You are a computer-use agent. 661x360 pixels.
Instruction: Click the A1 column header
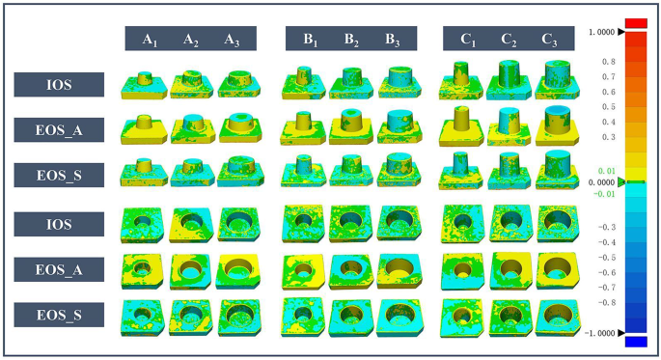click(x=151, y=40)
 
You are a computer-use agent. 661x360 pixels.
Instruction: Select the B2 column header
click(x=351, y=40)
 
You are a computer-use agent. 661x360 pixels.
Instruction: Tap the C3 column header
click(x=549, y=40)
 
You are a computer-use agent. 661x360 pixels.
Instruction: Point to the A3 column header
click(x=232, y=40)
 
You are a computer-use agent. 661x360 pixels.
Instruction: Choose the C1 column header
click(x=469, y=40)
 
